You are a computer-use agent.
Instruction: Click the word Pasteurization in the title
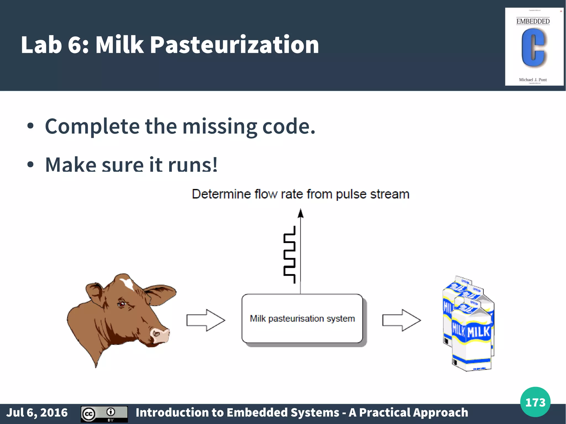pyautogui.click(x=234, y=45)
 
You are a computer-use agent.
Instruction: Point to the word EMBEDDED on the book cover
pyautogui.click(x=533, y=21)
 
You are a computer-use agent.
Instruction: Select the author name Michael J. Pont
pyautogui.click(x=533, y=80)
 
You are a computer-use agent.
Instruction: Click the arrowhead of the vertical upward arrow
pyautogui.click(x=300, y=213)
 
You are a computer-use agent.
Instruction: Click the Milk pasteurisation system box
pyautogui.click(x=302, y=318)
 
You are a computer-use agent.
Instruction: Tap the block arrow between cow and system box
pyautogui.click(x=206, y=320)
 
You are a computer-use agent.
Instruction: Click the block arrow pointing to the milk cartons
pyautogui.click(x=401, y=320)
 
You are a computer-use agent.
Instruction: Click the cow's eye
pyautogui.click(x=122, y=304)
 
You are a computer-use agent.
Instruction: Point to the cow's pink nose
pyautogui.click(x=160, y=335)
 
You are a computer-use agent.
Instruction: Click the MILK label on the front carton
pyautogui.click(x=478, y=332)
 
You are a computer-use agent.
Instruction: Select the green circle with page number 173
pyautogui.click(x=535, y=402)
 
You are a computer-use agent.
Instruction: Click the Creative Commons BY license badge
pyautogui.click(x=104, y=414)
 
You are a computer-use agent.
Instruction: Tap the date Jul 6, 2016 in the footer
pyautogui.click(x=37, y=413)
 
